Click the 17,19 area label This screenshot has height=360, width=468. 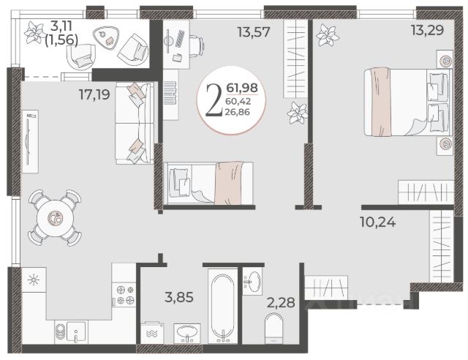[x=94, y=94]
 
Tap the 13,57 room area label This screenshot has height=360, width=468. [x=254, y=31]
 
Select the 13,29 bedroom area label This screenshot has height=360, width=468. [x=427, y=29]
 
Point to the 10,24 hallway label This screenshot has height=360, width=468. [x=378, y=222]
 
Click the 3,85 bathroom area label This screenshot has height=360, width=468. [x=179, y=297]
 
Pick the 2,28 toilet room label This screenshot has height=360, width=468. [x=281, y=302]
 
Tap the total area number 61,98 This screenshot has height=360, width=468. [x=242, y=88]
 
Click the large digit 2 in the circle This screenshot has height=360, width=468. [x=214, y=100]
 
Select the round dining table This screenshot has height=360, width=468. [x=55, y=218]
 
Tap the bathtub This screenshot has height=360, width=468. [x=222, y=306]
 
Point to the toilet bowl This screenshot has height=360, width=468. [x=273, y=328]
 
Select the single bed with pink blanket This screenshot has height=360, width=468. [x=208, y=184]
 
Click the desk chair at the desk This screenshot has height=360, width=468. [x=197, y=46]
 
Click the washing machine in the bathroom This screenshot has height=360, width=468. [x=152, y=333]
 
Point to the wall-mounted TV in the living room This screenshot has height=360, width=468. [x=30, y=141]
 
